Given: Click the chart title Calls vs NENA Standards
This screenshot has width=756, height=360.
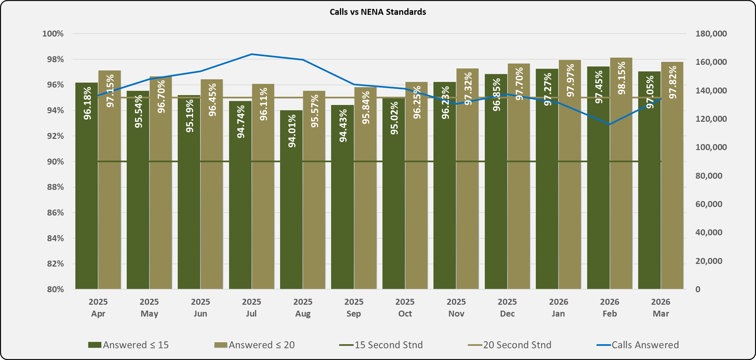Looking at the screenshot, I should point(378,12).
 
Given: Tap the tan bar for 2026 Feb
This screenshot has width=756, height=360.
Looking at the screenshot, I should point(621,197).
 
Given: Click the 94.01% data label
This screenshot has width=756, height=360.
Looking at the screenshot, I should point(292,131).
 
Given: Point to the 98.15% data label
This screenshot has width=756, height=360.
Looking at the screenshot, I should point(621,78).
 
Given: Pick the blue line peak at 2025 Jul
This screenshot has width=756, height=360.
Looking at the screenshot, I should point(251,54).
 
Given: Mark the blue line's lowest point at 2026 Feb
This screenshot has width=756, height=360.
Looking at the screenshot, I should point(610,124).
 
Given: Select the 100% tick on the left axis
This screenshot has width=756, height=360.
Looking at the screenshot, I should point(53,34).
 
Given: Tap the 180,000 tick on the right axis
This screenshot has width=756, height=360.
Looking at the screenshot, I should point(711,34).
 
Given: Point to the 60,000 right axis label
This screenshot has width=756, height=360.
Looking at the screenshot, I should point(709,204).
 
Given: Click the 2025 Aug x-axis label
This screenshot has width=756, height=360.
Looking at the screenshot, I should point(303,308).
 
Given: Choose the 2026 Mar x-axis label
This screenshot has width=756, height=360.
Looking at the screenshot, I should point(661,308).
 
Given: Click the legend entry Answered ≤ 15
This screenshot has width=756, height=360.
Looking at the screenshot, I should point(128,345).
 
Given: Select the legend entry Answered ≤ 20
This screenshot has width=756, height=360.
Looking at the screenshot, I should point(254,345).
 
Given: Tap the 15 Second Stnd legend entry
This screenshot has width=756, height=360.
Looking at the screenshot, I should point(381,345).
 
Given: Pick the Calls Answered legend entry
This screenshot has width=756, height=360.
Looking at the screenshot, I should point(638,345).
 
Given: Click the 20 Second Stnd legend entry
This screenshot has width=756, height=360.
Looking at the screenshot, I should point(509,345).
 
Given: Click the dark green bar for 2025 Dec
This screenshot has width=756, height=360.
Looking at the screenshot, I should point(496,197).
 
